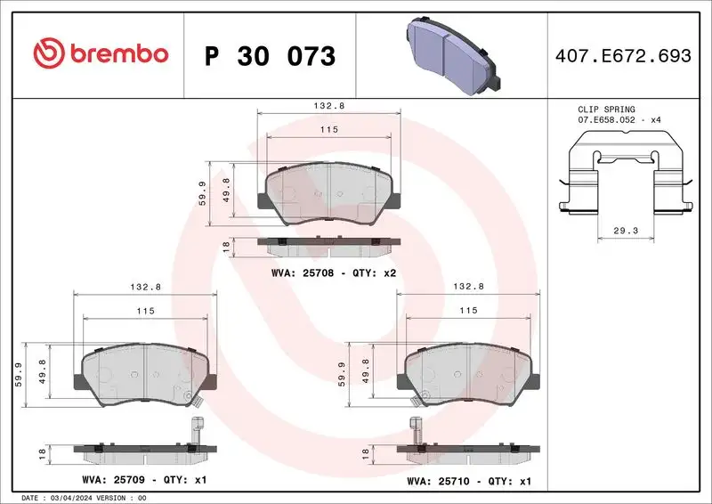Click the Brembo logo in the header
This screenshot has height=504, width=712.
tap(100, 54)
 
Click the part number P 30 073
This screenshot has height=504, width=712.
tap(270, 56)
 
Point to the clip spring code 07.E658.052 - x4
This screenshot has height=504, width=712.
tap(619, 119)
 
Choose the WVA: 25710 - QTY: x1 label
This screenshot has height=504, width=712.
tap(469, 481)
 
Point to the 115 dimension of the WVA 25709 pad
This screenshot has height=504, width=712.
tap(146, 311)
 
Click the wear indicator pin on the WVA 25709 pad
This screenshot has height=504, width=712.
tap(197, 428)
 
